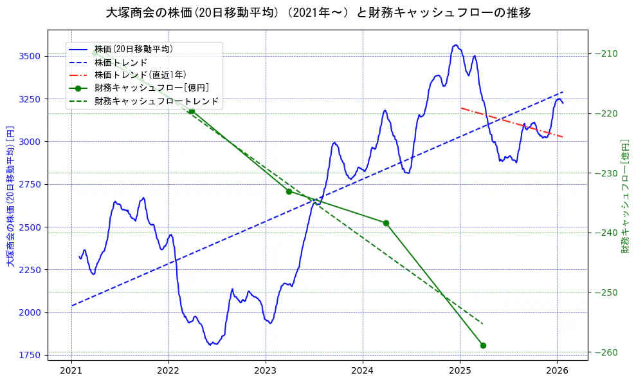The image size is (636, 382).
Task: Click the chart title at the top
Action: pos(318,12)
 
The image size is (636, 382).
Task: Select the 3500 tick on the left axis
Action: pos(31,57)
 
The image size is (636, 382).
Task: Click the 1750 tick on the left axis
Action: pos(31,355)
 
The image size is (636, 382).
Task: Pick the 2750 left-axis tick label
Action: pos(31,184)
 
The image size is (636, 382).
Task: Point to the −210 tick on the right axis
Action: pos(608,53)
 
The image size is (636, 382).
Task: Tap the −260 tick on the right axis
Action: pos(608,352)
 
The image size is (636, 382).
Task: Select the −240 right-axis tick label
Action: pos(608,233)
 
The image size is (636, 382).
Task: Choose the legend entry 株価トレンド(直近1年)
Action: pos(140,75)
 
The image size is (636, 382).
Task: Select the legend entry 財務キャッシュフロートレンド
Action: pos(156,101)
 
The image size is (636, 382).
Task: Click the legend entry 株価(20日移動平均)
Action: pos(133,48)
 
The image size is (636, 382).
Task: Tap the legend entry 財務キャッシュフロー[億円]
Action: pos(151,88)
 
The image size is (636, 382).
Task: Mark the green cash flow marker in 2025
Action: pos(483,345)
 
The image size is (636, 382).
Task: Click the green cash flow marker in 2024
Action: pos(386,223)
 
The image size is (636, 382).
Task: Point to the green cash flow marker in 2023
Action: pos(289,191)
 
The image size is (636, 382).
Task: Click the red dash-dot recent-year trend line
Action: pos(512,122)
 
